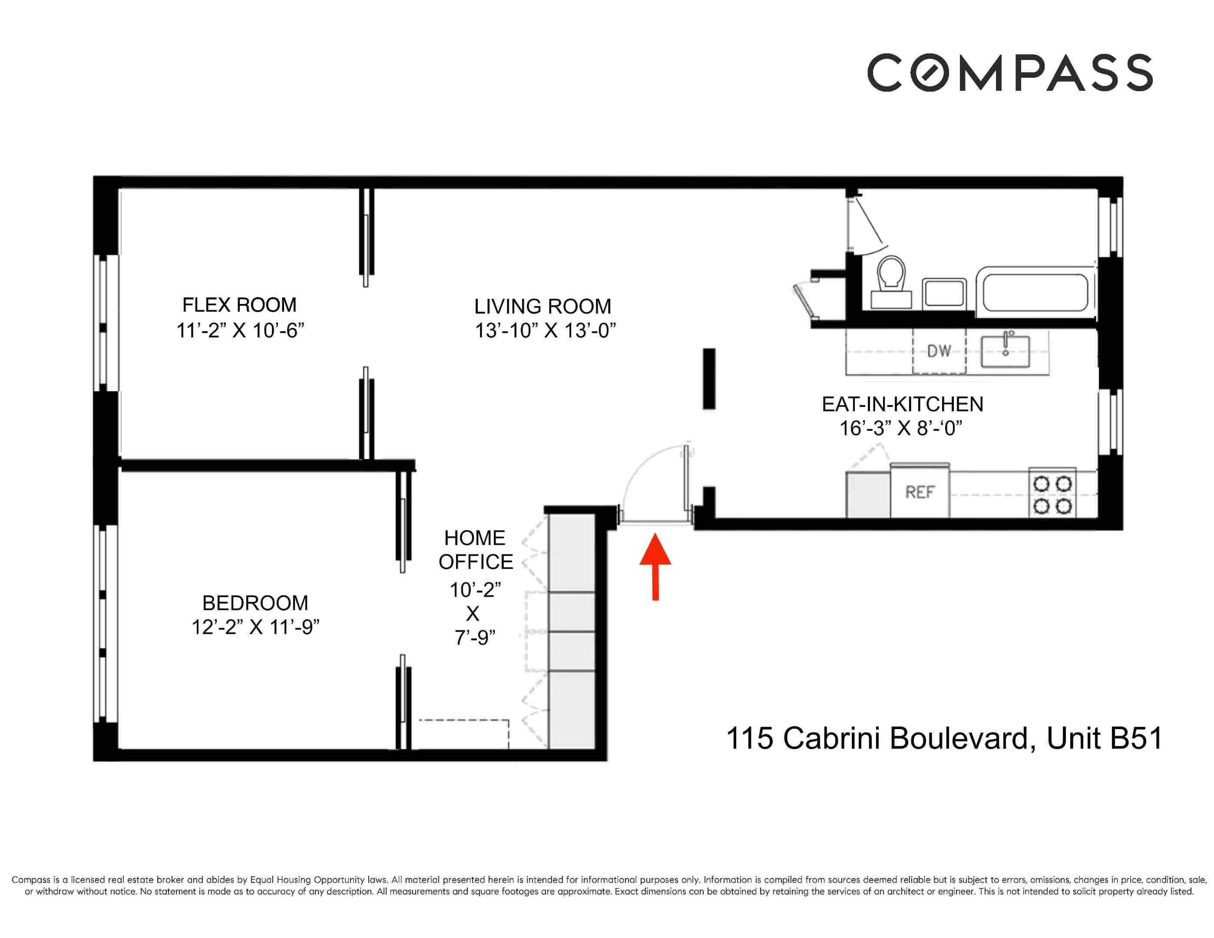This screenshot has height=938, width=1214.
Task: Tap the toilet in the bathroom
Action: (890, 281)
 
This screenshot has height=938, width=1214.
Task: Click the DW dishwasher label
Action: (939, 351)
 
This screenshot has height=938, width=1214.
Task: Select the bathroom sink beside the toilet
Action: (944, 293)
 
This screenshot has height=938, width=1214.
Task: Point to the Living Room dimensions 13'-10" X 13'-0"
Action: (545, 330)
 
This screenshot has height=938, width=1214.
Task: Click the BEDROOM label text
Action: (255, 603)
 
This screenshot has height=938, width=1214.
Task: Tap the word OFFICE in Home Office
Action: (475, 562)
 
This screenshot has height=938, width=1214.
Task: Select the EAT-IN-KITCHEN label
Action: (902, 404)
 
